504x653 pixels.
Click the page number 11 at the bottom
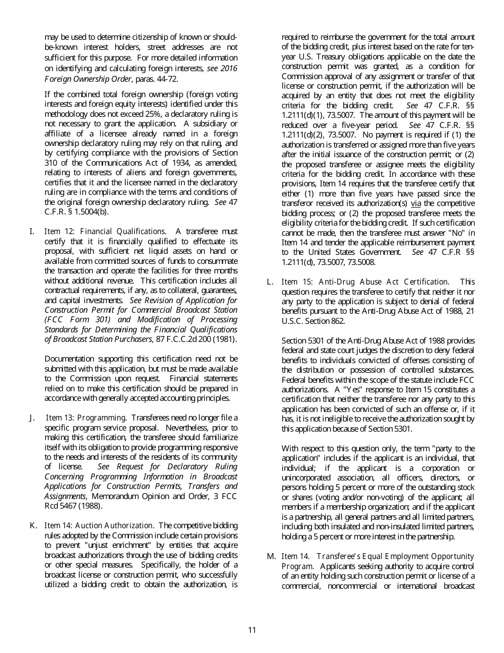click(x=252, y=630)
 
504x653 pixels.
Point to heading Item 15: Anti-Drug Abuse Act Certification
click(x=364, y=282)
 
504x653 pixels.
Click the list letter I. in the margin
click(x=32, y=231)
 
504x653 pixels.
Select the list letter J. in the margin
click(x=32, y=418)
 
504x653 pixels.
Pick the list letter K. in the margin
click(x=33, y=526)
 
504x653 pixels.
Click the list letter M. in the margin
click(x=271, y=556)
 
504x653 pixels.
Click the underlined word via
click(x=416, y=203)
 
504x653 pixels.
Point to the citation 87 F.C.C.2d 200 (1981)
click(x=192, y=339)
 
